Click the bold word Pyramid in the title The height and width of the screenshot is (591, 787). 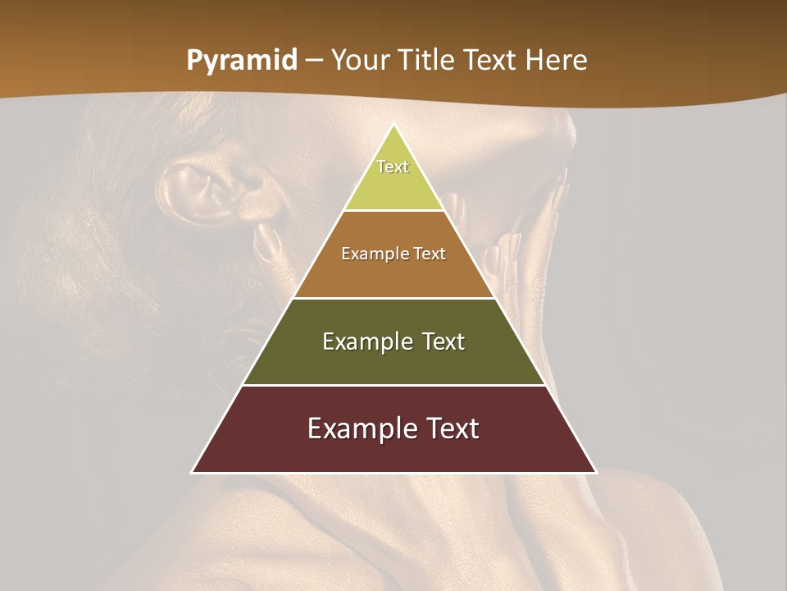pyautogui.click(x=242, y=62)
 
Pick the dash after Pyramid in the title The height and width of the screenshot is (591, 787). pyautogui.click(x=314, y=62)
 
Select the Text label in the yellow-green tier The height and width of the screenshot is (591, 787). pyautogui.click(x=393, y=167)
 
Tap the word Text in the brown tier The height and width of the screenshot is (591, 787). pyautogui.click(x=430, y=254)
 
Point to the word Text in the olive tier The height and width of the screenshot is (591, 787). pyautogui.click(x=444, y=341)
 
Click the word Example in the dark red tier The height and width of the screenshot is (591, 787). pyautogui.click(x=361, y=428)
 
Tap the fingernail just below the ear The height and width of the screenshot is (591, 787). pyautogui.click(x=265, y=241)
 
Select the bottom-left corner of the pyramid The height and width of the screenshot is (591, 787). pyautogui.click(x=193, y=472)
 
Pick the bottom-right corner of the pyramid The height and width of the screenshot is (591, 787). pyautogui.click(x=596, y=472)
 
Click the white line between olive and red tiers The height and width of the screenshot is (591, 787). pyautogui.click(x=394, y=385)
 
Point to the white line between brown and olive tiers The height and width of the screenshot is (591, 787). pyautogui.click(x=394, y=298)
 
